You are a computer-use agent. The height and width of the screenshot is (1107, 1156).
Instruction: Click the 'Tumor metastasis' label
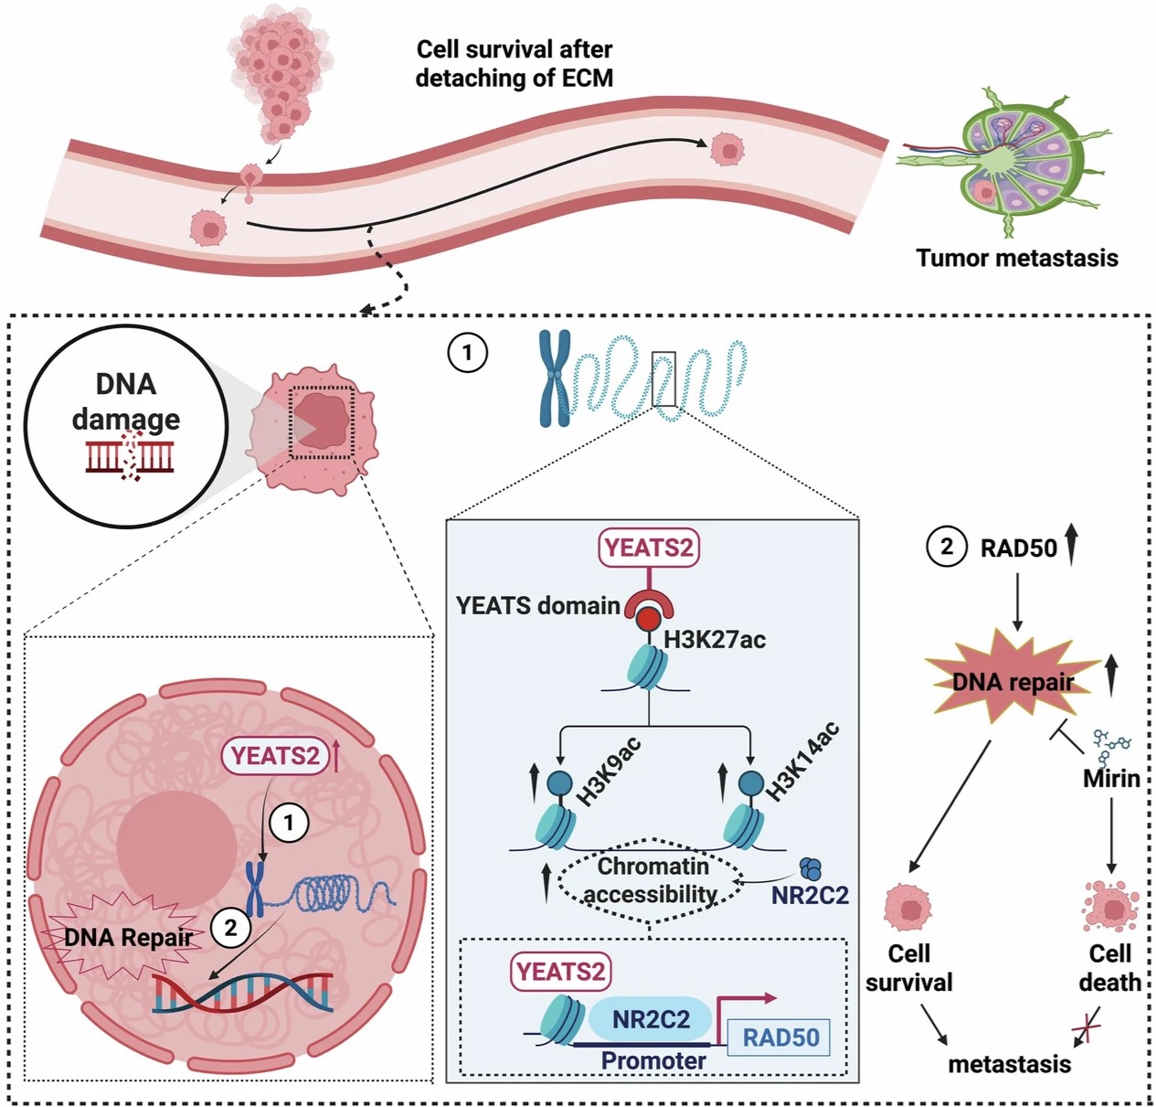coord(1016,258)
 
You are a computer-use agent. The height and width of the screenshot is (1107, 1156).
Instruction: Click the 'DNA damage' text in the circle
coord(126,401)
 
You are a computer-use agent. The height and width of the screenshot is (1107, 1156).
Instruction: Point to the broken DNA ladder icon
coord(130,455)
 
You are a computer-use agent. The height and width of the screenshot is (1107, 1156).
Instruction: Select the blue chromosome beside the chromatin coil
coord(554,378)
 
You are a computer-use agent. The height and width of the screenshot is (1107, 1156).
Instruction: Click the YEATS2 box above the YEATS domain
coord(648,548)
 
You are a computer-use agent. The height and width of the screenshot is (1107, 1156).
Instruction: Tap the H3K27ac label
coord(715,639)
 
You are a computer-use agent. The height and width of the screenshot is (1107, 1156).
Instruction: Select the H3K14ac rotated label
coord(801,761)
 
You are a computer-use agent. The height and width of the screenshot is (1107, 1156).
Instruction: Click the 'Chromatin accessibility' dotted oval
coord(651,879)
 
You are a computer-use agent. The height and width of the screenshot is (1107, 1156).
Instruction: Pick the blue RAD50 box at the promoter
coord(780,1038)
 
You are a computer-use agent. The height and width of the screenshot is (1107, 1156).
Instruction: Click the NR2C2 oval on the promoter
coord(650,1018)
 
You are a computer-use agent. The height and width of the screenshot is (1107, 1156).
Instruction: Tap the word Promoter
coord(652,1060)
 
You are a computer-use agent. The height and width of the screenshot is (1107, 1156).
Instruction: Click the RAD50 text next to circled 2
coord(1018,548)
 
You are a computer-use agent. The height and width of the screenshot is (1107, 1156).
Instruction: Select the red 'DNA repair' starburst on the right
coord(1013,681)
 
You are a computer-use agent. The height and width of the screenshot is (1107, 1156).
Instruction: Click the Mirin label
coord(1111,779)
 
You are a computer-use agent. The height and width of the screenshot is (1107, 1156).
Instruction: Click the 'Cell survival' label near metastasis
coord(908,967)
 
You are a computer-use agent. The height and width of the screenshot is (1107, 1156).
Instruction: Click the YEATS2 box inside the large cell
coord(275,756)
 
